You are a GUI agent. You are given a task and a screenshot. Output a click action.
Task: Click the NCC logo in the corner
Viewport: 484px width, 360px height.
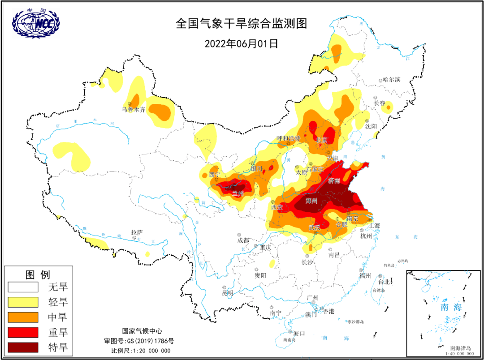(36, 23)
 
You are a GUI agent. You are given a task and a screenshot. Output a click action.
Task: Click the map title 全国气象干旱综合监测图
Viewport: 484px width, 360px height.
(242, 24)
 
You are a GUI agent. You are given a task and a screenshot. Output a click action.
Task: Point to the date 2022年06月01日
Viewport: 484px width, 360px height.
(242, 43)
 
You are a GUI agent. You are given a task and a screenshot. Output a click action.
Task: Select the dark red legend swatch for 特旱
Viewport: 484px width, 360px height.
(23, 347)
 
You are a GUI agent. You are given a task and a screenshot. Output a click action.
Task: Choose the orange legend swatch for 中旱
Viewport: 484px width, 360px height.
(23, 317)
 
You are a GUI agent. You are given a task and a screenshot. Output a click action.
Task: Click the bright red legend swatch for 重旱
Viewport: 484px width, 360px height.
(23, 332)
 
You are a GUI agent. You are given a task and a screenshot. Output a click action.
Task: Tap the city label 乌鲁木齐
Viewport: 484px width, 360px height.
(134, 110)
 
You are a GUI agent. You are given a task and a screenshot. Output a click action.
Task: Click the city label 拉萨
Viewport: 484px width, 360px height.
(137, 232)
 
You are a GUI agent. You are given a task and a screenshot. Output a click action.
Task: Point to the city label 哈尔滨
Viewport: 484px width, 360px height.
(391, 80)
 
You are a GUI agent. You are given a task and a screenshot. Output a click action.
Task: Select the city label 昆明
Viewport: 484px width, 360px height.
(228, 293)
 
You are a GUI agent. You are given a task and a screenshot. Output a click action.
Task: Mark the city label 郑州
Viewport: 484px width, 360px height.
(311, 201)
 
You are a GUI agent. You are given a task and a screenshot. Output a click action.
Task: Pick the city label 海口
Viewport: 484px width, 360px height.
(299, 334)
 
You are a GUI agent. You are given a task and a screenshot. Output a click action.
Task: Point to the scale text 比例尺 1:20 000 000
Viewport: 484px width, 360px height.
(141, 350)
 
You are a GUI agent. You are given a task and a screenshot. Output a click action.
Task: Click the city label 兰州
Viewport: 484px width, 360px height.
(238, 193)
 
